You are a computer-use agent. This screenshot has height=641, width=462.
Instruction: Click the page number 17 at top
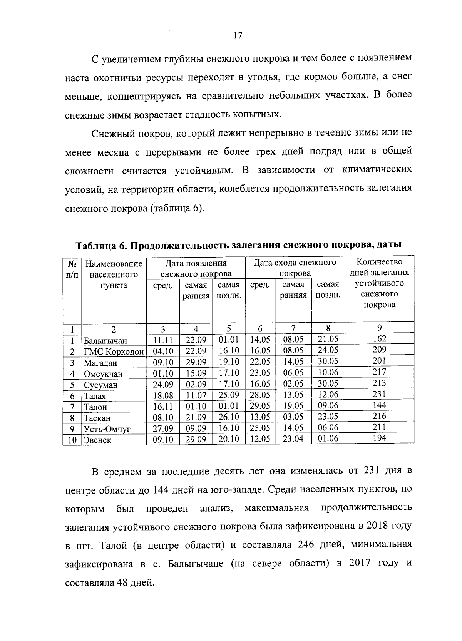click(x=238, y=36)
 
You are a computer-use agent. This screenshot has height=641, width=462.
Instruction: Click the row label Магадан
click(x=101, y=363)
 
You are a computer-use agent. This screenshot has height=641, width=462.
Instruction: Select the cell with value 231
click(x=379, y=394)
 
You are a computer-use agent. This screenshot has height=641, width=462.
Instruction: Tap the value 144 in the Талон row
click(x=379, y=405)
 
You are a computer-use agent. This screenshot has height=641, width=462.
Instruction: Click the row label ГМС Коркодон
click(x=114, y=351)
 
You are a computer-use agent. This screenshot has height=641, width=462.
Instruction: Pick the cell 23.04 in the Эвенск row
click(x=293, y=438)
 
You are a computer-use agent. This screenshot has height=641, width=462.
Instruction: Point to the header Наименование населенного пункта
click(x=114, y=274)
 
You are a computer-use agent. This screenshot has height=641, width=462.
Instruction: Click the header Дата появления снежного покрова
click(x=196, y=269)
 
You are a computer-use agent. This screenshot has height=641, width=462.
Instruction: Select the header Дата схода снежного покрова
click(x=295, y=268)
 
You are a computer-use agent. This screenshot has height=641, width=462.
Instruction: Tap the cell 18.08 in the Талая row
click(x=163, y=395)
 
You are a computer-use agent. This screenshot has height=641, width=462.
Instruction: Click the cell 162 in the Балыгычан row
click(x=379, y=339)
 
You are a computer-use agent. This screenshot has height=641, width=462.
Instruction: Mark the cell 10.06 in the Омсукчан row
click(x=328, y=373)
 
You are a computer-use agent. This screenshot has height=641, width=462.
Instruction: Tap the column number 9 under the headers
click(x=379, y=328)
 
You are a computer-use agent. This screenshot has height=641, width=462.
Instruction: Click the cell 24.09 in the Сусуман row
click(x=163, y=384)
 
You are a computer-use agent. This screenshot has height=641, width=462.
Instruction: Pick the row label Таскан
click(x=97, y=418)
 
